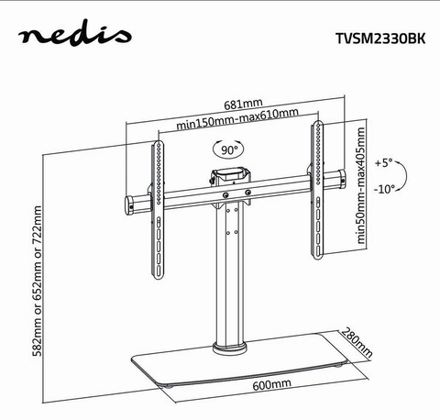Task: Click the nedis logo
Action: pos(75,33)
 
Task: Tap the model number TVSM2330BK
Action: pos(380,39)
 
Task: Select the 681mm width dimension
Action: pos(243,105)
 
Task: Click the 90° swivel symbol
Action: pos(228,149)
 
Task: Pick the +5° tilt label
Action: pos(384,162)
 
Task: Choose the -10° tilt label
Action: pos(384,189)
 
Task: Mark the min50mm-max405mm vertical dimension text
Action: pos(360,185)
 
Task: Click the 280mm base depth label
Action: pos(357,342)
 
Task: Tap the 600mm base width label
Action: pos(271,384)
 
